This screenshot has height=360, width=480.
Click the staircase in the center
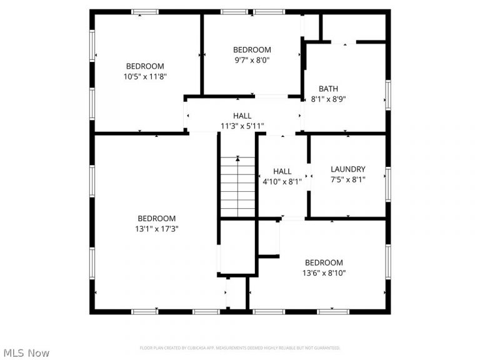point(237,186)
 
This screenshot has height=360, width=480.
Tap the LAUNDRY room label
point(347,169)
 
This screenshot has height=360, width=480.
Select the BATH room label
point(328,89)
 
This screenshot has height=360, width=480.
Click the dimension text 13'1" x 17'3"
point(157,229)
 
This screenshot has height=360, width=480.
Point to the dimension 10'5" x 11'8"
point(145,76)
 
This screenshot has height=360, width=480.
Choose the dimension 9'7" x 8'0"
point(252,60)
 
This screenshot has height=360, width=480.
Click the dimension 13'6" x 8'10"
point(324,272)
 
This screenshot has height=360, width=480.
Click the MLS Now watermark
point(26,353)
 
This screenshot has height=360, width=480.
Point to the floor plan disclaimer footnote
point(240,347)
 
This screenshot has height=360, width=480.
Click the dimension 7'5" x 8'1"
point(347,179)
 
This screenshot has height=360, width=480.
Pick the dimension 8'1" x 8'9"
point(328,99)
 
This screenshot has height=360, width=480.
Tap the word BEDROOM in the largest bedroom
point(157,219)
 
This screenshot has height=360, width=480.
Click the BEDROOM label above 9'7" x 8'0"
point(252,50)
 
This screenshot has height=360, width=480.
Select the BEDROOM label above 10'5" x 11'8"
point(145,66)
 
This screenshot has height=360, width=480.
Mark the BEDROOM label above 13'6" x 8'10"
point(324,262)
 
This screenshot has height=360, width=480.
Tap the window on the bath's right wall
point(387,94)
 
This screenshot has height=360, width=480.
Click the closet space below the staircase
point(237,246)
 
